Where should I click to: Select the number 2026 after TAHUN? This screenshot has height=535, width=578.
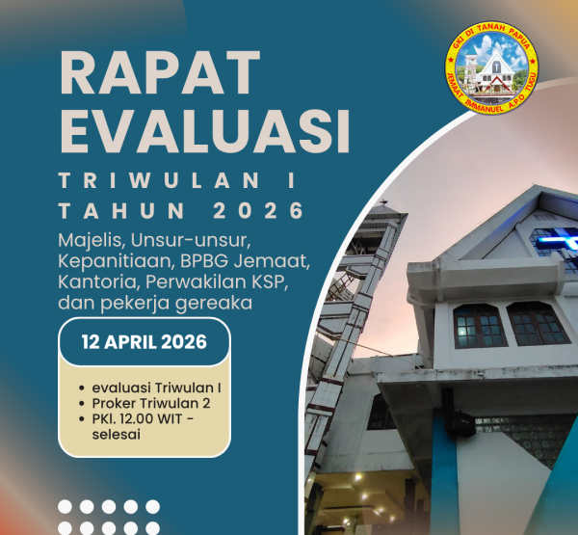(261, 210)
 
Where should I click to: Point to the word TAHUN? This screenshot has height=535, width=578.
(115, 210)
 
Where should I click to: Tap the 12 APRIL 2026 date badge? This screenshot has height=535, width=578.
(144, 341)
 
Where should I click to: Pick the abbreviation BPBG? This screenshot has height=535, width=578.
(197, 261)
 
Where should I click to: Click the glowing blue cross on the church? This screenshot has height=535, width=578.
(554, 237)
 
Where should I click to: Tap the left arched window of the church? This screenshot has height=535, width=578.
(479, 325)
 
